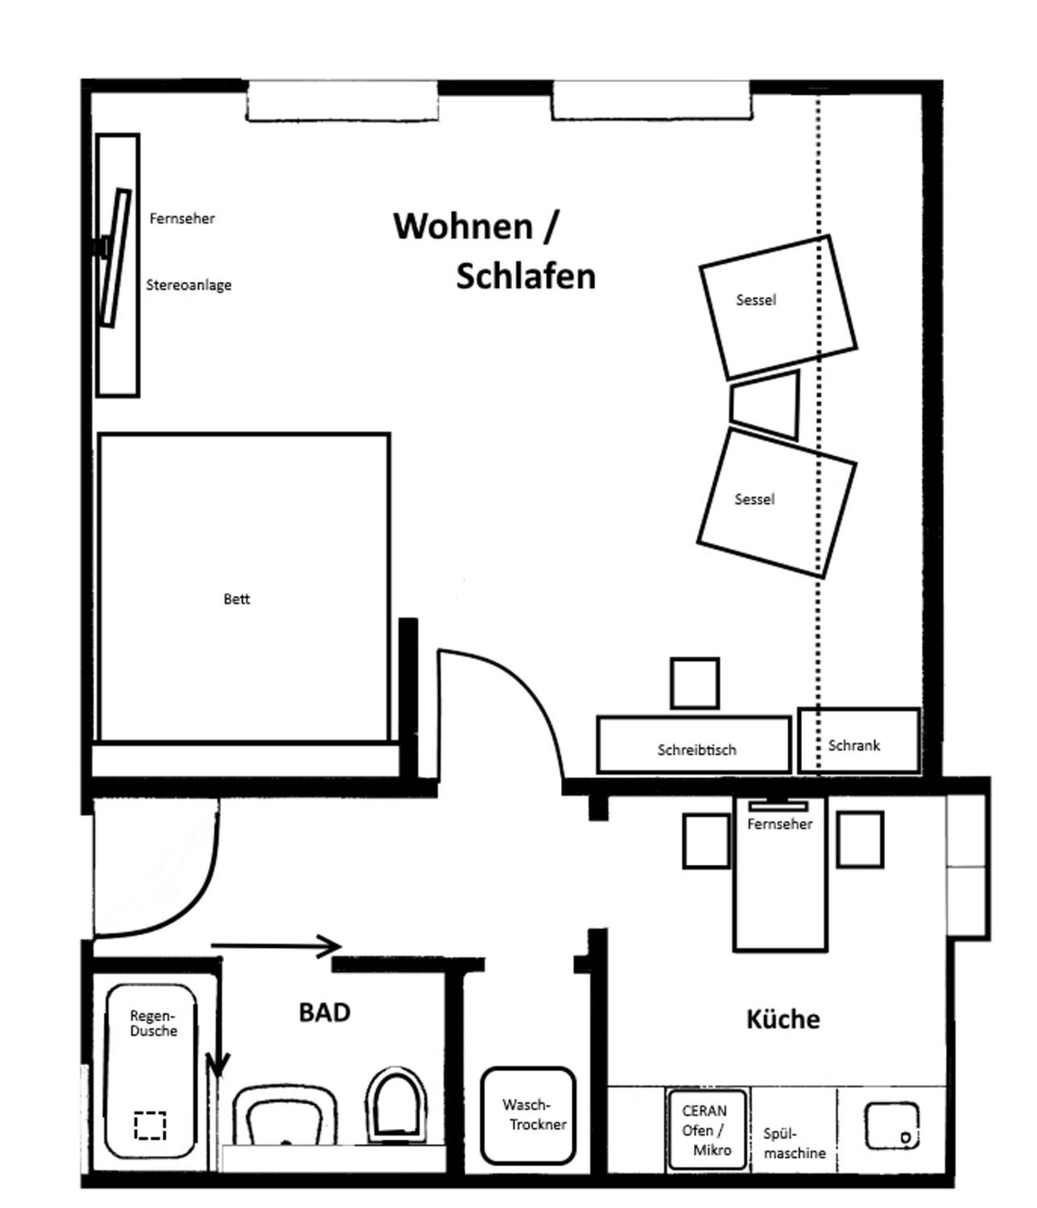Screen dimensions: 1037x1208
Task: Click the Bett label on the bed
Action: click(236, 599)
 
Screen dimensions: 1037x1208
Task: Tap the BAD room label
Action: click(324, 1013)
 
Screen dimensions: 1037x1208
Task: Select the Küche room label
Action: click(783, 1019)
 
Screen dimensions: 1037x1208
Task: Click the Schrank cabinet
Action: click(858, 741)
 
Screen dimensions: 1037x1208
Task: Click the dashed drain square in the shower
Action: click(150, 1125)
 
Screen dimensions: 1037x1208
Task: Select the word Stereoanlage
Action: click(188, 285)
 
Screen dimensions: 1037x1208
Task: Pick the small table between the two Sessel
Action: click(764, 405)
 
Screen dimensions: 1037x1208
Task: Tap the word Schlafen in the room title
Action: click(526, 276)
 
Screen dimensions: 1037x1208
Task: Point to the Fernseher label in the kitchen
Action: click(779, 824)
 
